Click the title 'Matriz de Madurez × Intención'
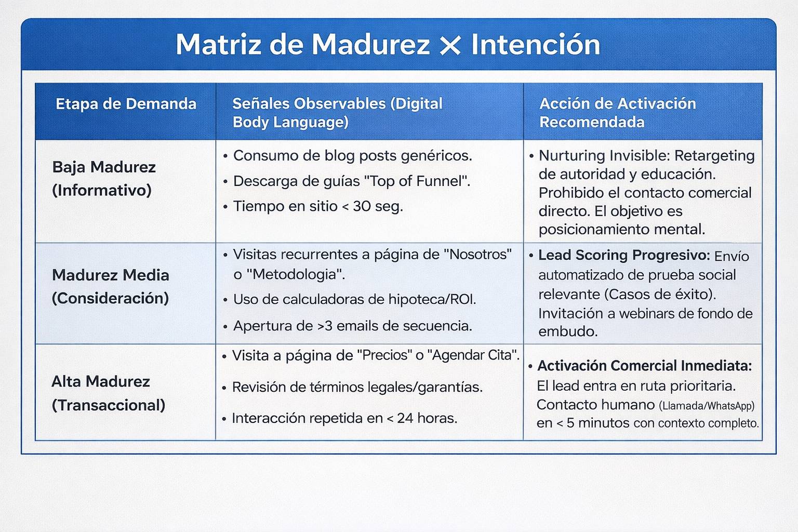[388, 45]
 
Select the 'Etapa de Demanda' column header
[126, 104]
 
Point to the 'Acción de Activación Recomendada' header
[617, 112]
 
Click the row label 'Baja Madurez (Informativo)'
[104, 178]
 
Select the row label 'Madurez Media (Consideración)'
[110, 286]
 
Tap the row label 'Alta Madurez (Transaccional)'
[108, 393]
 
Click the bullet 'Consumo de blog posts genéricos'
[352, 155]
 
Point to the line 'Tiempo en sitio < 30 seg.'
[318, 206]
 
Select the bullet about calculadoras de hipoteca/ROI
[354, 299]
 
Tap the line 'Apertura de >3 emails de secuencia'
[352, 326]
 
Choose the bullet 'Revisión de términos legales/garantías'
[357, 387]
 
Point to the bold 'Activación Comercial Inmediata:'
[644, 366]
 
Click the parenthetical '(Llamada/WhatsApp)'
[707, 405]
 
